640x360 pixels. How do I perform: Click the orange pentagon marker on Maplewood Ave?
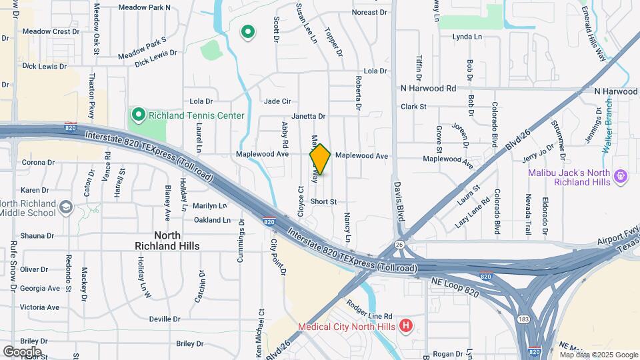point(320,160)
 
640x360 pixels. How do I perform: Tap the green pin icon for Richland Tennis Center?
point(138,115)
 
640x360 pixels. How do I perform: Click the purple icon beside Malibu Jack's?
point(621,177)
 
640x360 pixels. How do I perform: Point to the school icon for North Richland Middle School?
point(65,208)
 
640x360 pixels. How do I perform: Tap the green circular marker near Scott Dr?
point(248,31)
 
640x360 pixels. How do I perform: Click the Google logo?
point(22,351)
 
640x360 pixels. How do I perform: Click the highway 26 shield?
point(399,244)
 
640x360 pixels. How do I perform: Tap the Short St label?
point(323,201)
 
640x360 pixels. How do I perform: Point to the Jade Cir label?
point(277,101)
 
